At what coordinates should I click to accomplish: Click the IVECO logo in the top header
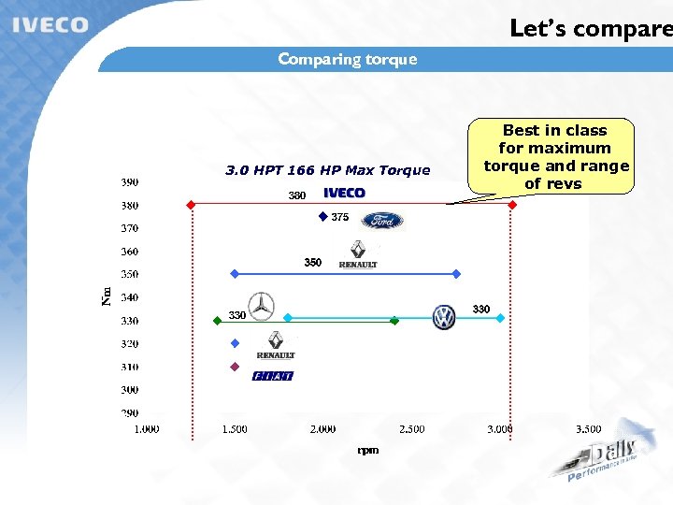[50, 25]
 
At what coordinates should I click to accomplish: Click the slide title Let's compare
[590, 28]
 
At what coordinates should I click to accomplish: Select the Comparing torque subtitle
[347, 60]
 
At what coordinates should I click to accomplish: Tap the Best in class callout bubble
[554, 156]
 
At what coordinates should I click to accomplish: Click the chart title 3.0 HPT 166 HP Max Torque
[327, 170]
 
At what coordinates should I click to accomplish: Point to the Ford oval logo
[382, 221]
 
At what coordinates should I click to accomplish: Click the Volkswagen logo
[444, 317]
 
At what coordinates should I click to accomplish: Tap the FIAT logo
[273, 376]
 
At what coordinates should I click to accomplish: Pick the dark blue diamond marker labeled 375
[322, 217]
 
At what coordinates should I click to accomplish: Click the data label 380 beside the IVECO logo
[296, 196]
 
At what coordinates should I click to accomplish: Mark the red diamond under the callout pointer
[511, 204]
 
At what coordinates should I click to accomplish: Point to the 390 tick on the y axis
[129, 181]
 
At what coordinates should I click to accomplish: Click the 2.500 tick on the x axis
[411, 429]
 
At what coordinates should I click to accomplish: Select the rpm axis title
[368, 450]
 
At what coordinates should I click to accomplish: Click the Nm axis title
[106, 296]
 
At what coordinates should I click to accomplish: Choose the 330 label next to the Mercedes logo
[237, 315]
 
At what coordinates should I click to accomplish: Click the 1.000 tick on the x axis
[146, 429]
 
